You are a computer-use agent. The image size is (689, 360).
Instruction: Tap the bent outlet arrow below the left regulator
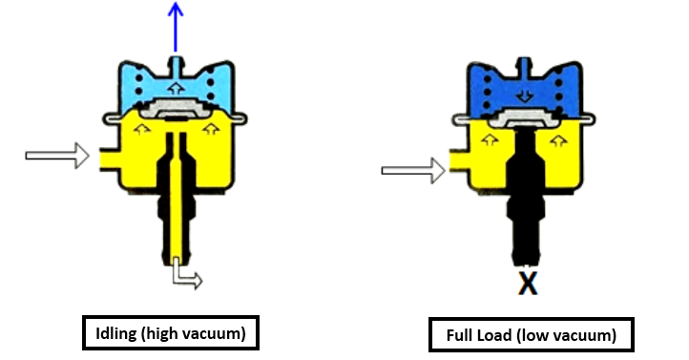click(x=185, y=277)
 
